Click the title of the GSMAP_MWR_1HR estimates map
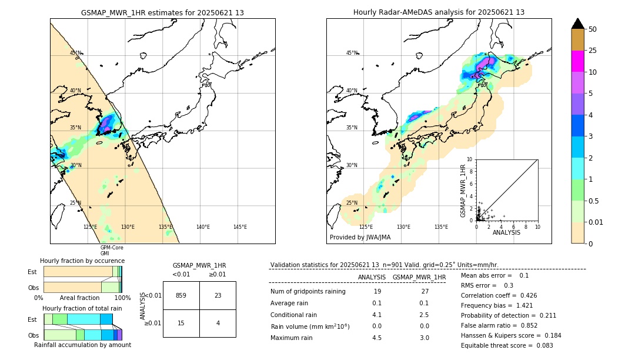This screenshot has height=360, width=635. point(162,12)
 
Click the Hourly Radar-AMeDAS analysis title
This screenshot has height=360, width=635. point(439,12)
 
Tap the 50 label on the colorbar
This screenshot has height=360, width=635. point(593,29)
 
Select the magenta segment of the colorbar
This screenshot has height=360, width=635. point(577,61)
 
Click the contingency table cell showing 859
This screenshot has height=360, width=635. point(181,295)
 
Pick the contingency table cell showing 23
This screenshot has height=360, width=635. point(218,295)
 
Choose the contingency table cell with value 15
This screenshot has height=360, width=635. point(181,323)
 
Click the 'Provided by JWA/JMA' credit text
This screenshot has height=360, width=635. point(360,238)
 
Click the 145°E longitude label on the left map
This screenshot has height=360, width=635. point(240,227)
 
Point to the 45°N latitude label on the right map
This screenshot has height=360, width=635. point(352,53)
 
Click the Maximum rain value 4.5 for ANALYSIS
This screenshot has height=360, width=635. point(377,338)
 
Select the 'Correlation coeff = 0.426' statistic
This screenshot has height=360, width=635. point(499,295)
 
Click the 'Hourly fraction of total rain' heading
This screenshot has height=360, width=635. point(82,308)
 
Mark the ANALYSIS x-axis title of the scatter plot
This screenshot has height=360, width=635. point(506,232)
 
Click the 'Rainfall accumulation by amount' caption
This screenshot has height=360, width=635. point(82,345)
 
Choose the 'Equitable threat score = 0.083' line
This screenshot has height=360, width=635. point(507,345)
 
